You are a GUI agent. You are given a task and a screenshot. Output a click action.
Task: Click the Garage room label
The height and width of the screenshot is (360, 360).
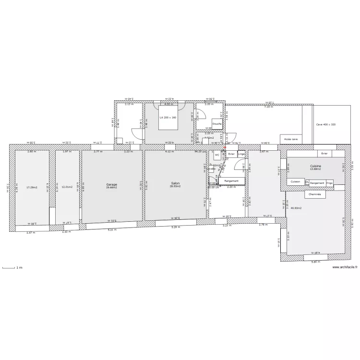point(111,184)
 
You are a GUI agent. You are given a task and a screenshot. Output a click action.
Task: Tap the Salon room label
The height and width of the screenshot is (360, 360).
point(175,184)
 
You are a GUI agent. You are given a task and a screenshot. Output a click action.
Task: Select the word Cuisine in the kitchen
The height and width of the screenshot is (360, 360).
point(315,166)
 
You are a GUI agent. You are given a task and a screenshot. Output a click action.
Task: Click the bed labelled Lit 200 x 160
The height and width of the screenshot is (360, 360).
point(168,117)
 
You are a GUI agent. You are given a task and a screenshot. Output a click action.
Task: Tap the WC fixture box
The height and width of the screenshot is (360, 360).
point(217,156)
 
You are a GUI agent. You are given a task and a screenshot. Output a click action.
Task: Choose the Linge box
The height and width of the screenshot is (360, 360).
point(241,154)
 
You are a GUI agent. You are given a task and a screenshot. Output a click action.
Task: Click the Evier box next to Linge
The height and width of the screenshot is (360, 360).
point(231,154)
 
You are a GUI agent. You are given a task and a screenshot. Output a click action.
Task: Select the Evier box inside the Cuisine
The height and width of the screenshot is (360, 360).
point(324,154)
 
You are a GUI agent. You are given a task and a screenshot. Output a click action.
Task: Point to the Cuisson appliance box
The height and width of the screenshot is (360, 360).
point(296,182)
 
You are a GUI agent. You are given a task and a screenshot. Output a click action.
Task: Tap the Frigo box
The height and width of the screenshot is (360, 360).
point(329,183)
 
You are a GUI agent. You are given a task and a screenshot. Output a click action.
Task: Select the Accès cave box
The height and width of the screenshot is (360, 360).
point(291,139)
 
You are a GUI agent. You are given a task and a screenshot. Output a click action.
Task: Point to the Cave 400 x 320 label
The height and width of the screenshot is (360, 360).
point(326,124)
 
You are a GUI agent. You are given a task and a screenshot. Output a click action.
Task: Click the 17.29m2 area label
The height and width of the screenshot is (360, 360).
point(32,187)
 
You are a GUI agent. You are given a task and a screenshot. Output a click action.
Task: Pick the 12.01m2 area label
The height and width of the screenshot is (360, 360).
point(67,187)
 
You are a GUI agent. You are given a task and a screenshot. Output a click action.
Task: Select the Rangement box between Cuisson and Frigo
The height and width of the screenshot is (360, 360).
point(317,183)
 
